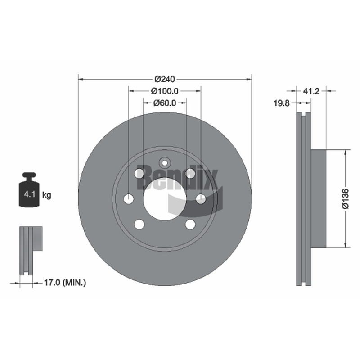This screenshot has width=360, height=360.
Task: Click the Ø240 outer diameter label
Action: pos(165,79)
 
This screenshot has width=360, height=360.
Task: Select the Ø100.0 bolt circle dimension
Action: pos(164,91)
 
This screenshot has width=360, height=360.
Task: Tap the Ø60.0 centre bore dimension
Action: pos(165,103)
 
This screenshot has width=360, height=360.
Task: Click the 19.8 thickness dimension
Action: pos(281,103)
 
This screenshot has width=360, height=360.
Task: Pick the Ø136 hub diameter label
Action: pos(345,199)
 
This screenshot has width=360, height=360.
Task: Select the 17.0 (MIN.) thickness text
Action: pos(65,283)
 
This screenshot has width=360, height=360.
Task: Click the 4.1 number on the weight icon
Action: pos(29,194)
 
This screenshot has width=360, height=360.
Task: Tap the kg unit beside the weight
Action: pos(47,195)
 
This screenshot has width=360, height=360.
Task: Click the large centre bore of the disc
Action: pos(165,199)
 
